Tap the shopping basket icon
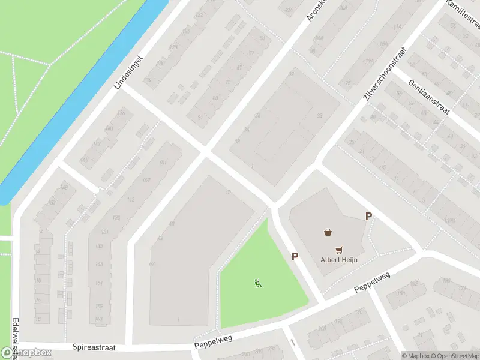(x=328, y=232)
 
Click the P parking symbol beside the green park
(x=295, y=256)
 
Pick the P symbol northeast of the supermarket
(x=368, y=217)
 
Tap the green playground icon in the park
(x=258, y=283)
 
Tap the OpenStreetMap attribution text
(x=458, y=356)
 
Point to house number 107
(x=146, y=181)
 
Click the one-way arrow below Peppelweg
(x=293, y=343)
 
